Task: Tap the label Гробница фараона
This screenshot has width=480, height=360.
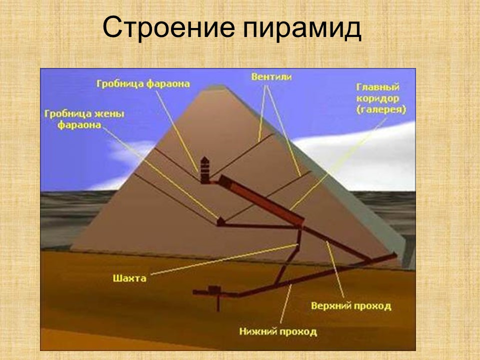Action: (x=143, y=84)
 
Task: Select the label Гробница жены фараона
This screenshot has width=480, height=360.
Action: (x=83, y=119)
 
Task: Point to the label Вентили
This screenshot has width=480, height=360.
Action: (x=270, y=77)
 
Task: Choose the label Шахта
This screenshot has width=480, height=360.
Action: (x=129, y=278)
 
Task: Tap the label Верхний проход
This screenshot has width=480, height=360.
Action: (x=350, y=305)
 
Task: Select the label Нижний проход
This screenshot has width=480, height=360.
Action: (x=277, y=331)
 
